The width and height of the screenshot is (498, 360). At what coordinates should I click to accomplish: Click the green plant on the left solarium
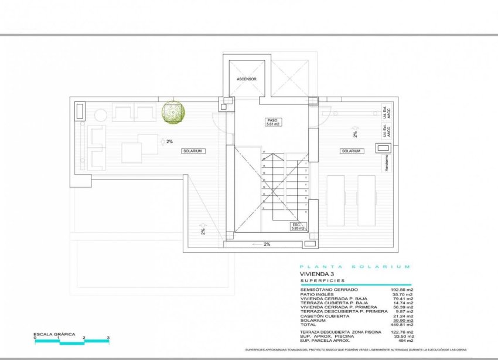pos(173,111)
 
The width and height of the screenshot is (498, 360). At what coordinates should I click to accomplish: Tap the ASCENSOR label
pos(247,79)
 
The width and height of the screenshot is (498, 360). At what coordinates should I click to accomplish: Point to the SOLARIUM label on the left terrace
pos(193,151)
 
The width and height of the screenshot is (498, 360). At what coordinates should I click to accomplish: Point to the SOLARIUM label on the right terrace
pos(352,151)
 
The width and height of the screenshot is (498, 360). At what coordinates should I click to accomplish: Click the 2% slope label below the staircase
pos(267,244)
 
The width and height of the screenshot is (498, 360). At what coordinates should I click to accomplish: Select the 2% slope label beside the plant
pos(169,141)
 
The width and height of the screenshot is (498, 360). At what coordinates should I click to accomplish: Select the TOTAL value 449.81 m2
pos(402,324)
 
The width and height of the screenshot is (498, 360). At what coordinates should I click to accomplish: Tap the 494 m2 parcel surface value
pos(405,341)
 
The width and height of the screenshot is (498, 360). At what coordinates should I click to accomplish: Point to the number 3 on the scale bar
pos(108,338)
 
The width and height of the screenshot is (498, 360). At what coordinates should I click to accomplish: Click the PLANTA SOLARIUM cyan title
pos(355,266)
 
